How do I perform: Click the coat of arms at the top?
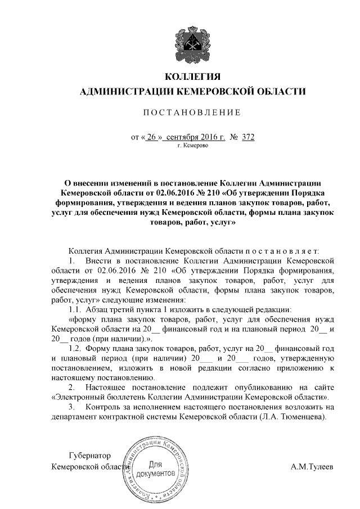(x=193, y=40)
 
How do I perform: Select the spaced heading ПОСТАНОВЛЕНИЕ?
(x=193, y=112)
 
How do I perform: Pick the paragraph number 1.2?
(x=75, y=349)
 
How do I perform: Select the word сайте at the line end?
(x=324, y=388)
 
